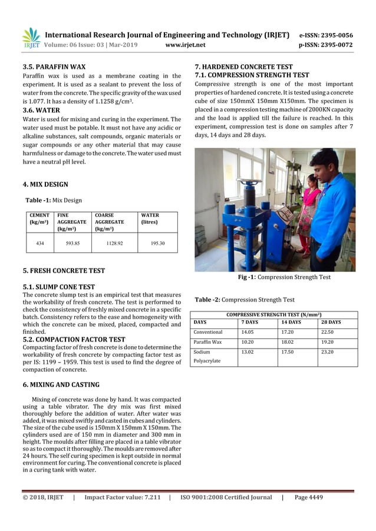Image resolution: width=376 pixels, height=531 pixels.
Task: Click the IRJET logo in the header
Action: [x=31, y=38]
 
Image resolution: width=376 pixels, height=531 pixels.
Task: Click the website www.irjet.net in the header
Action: [x=186, y=45]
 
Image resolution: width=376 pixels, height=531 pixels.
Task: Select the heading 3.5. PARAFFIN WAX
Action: [x=54, y=67]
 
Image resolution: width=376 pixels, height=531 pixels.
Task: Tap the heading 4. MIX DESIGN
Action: [x=45, y=184]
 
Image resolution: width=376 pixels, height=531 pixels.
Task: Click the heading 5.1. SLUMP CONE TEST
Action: [x=58, y=287]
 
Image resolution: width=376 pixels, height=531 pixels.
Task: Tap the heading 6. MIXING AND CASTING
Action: [x=61, y=385]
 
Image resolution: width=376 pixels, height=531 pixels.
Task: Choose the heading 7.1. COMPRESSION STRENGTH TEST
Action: [x=252, y=75]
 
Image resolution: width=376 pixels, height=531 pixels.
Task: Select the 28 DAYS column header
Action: [x=331, y=323]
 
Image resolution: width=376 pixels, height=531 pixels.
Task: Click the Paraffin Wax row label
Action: [x=207, y=341]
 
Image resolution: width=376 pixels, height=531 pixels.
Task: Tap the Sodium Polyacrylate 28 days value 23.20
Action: [x=327, y=351]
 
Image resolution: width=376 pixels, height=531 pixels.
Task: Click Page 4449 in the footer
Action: [x=308, y=497]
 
